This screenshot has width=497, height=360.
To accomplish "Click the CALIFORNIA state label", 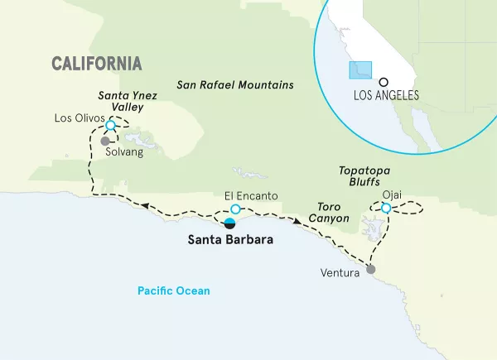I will click(96, 64).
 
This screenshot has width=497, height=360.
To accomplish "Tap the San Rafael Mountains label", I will click(236, 85).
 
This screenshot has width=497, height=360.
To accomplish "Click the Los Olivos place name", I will click(79, 118).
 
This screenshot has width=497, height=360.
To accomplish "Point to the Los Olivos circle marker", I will click(112, 124).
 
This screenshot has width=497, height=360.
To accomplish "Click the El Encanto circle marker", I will click(235, 209).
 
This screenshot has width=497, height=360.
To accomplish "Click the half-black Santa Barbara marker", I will click(230, 223).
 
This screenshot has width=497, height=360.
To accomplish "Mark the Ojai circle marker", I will click(386, 208).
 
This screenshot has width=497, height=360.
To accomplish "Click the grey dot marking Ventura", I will click(370, 269).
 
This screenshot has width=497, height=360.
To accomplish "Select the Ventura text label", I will click(340, 271).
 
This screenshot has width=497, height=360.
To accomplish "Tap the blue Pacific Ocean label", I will click(174, 290).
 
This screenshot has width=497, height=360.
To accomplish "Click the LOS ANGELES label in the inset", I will click(385, 95).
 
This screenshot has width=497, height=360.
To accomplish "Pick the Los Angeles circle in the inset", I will click(384, 81).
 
